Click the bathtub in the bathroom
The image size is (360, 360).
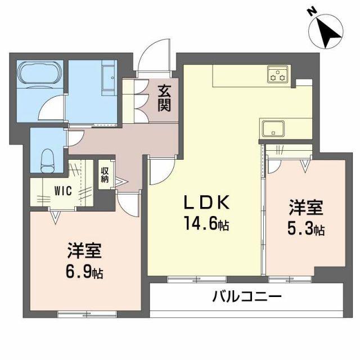(40, 75)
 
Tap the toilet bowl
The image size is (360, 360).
(47, 161)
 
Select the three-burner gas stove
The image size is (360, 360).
(277, 74)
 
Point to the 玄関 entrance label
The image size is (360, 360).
(164, 98)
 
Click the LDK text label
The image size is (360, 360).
(206, 202)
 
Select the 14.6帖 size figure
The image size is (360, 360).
(206, 224)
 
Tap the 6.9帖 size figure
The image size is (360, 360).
(84, 271)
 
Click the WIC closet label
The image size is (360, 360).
(63, 191)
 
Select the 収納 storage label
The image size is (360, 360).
(105, 175)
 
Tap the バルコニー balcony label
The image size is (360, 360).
(247, 296)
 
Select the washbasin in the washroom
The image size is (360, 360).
(109, 78)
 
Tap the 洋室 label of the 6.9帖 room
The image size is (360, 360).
(84, 251)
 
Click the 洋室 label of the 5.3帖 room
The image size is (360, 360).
(306, 208)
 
